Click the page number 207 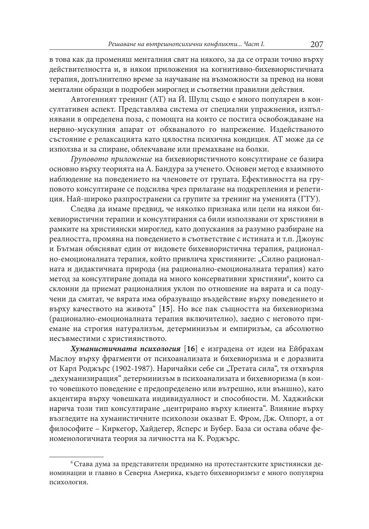coord(317,44)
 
